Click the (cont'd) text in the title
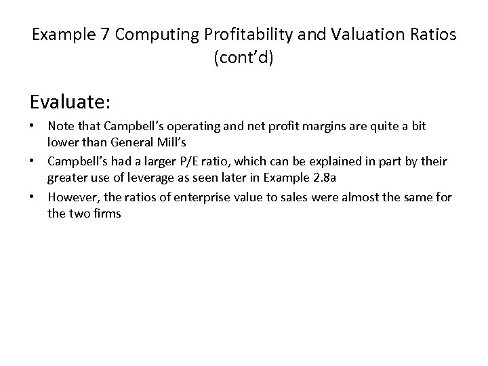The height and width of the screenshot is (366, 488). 243,58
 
